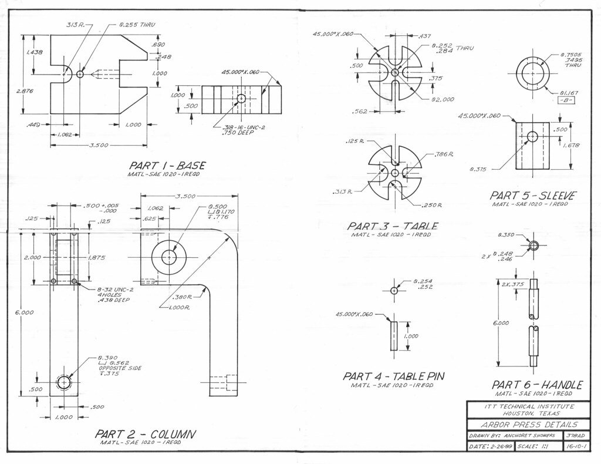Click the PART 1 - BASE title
(x=167, y=166)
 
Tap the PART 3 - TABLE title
(x=392, y=226)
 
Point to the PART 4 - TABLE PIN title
(x=393, y=376)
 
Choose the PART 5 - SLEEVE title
(x=533, y=196)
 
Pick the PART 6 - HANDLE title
(x=536, y=385)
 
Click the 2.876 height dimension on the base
(x=23, y=92)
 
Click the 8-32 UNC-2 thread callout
(x=116, y=290)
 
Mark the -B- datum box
(x=566, y=100)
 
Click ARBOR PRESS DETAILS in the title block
(x=529, y=425)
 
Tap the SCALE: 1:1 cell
(x=537, y=447)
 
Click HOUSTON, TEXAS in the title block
(x=529, y=413)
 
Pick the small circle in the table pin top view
(x=394, y=290)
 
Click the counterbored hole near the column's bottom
(x=63, y=382)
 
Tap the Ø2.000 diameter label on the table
(x=442, y=99)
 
